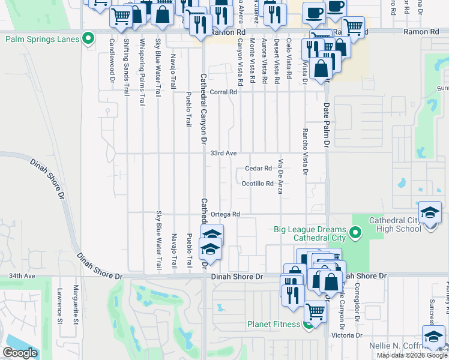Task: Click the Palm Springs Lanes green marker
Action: tap(89, 40)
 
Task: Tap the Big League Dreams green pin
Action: tap(355, 232)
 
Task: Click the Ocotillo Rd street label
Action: tap(258, 184)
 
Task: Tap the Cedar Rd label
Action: tap(259, 169)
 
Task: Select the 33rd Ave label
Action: tap(223, 154)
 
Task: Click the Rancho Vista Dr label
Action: tap(306, 152)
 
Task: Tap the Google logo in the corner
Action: tap(20, 353)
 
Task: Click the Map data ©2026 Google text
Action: tap(412, 355)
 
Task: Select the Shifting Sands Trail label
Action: tap(127, 67)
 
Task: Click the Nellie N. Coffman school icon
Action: tap(433, 337)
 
